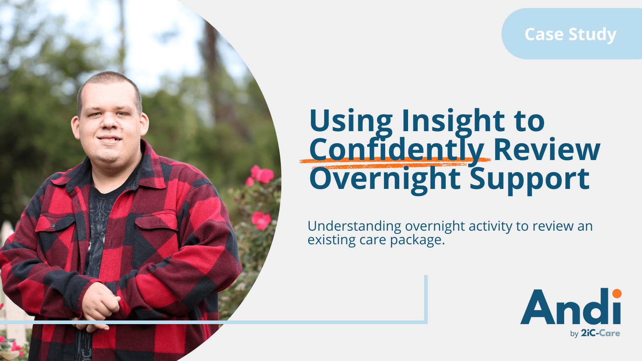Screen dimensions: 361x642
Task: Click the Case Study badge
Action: tap(571, 34)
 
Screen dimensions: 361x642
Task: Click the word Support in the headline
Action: tap(530, 179)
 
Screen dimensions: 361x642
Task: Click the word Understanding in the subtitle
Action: tap(354, 227)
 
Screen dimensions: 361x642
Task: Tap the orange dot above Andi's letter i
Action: tap(617, 293)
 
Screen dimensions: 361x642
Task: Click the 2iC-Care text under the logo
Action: tap(600, 333)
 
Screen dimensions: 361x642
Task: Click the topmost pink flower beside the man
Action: tap(263, 174)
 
